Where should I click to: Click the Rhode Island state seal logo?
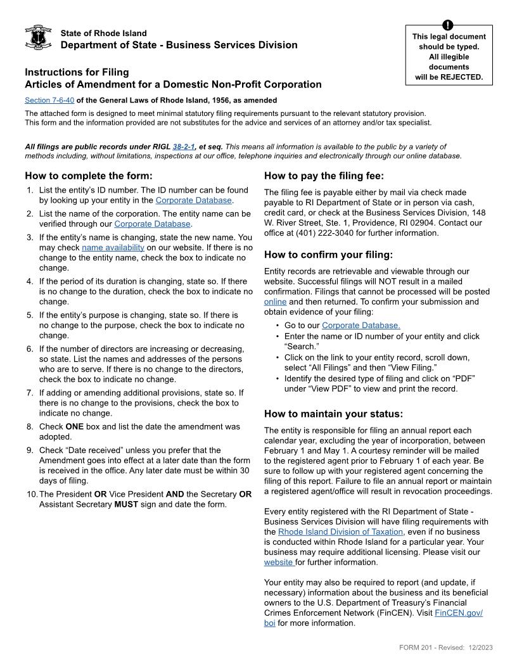[x=38, y=39]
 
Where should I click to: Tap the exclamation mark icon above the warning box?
[x=449, y=25]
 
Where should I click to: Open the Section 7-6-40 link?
[x=49, y=100]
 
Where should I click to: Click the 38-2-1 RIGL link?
[x=184, y=146]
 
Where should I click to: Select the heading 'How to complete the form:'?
[x=89, y=176]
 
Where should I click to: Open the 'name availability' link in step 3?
[x=113, y=248]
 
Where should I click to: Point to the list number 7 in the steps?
[x=30, y=393]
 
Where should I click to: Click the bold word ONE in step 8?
[x=75, y=427]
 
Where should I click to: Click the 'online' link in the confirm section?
[x=275, y=302]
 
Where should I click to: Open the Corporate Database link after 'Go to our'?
[x=361, y=326]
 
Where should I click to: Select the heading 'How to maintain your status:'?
[x=333, y=414]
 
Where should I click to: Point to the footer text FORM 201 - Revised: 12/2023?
[x=446, y=647]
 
